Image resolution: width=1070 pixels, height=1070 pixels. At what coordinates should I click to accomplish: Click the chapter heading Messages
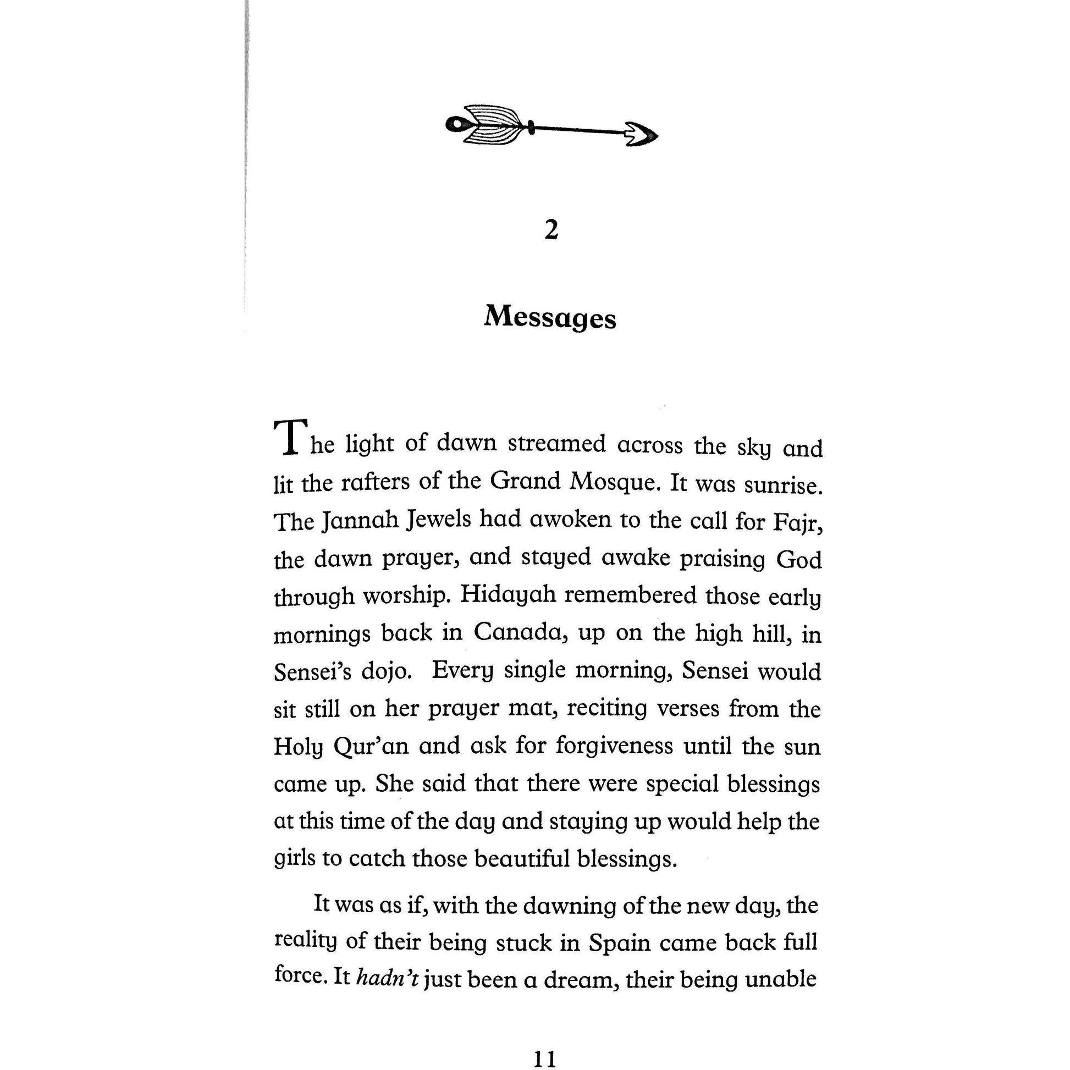[x=549, y=318]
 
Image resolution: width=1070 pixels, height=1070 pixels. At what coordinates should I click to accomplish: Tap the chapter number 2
[x=551, y=230]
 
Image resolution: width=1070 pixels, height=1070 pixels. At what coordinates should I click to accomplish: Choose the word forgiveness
[x=614, y=746]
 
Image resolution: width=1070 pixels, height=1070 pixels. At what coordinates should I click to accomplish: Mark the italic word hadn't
[x=387, y=978]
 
